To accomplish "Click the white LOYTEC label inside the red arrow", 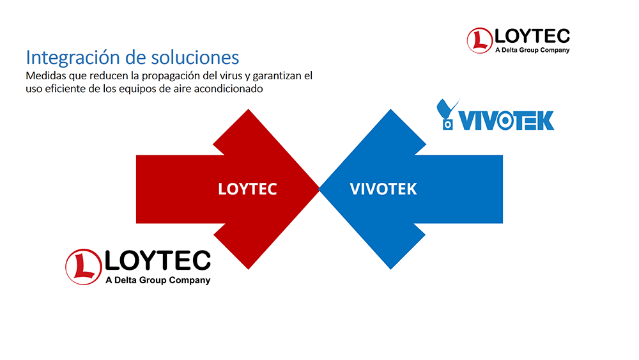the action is (x=247, y=189).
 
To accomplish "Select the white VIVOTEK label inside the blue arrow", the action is (x=383, y=189).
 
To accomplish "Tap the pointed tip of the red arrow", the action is (x=319, y=189).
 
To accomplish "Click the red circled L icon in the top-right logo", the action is (x=480, y=40).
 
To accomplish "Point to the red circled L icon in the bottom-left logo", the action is (x=84, y=267).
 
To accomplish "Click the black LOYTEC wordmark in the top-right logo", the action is (x=532, y=36).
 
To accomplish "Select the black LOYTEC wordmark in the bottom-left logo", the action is (x=158, y=260).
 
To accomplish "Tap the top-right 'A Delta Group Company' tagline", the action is (x=532, y=50).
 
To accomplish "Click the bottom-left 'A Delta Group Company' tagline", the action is (x=158, y=280).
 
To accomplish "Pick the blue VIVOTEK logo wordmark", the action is (x=507, y=120).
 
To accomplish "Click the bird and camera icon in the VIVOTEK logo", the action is (x=447, y=114).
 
